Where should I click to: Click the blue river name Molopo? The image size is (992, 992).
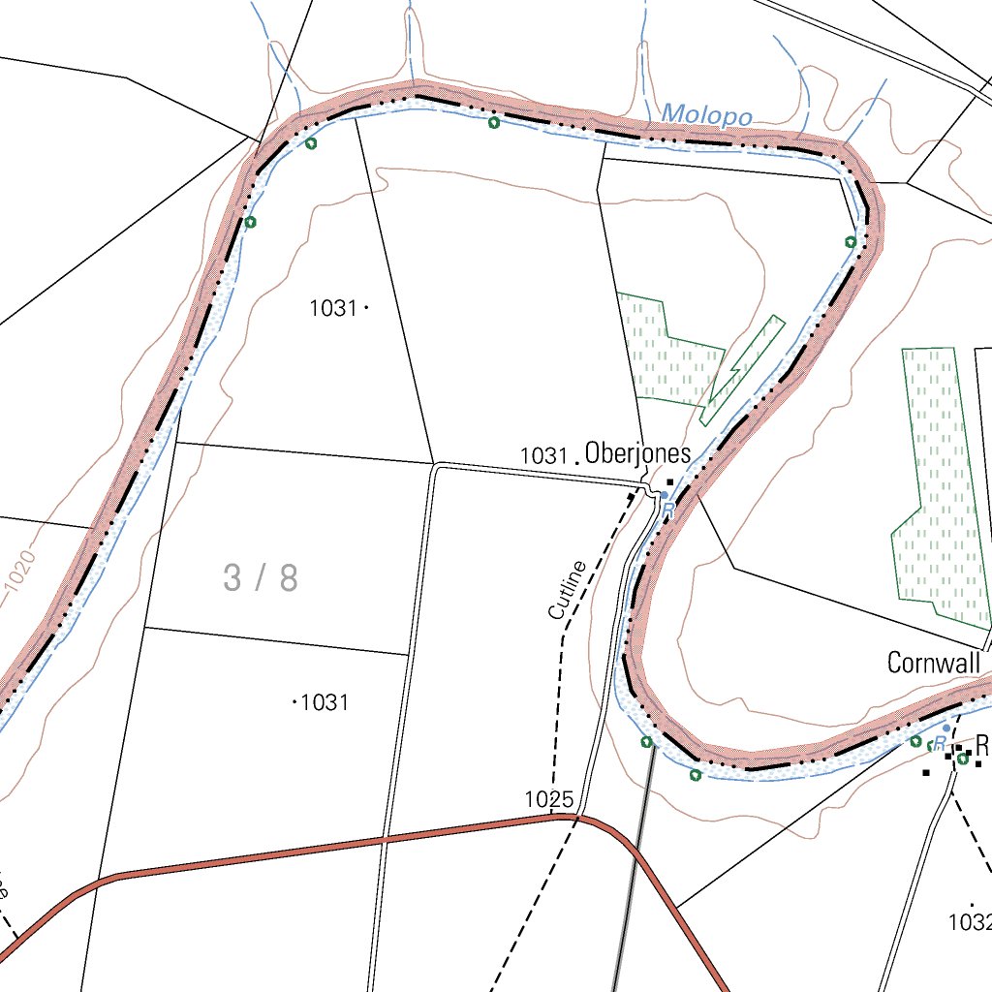pos(706,115)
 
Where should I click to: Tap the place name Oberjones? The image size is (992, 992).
pos(637,452)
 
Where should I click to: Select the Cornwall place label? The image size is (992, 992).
pos(934,663)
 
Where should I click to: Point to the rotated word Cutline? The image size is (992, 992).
pos(568,590)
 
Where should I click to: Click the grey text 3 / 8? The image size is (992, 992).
pos(260,578)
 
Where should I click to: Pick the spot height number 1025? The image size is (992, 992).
pos(549,799)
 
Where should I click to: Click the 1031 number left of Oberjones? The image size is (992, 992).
pos(542,454)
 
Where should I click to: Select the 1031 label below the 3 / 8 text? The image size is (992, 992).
pos(325,702)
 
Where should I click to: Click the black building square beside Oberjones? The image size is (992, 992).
pos(669,481)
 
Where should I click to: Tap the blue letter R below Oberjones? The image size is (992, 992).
pos(667,507)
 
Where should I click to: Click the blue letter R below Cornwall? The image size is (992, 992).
pos(939,743)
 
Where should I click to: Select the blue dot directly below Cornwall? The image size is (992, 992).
pos(946,727)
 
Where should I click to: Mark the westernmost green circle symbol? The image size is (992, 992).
pos(250,222)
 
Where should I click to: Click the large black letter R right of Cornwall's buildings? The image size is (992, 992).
pos(982,746)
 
